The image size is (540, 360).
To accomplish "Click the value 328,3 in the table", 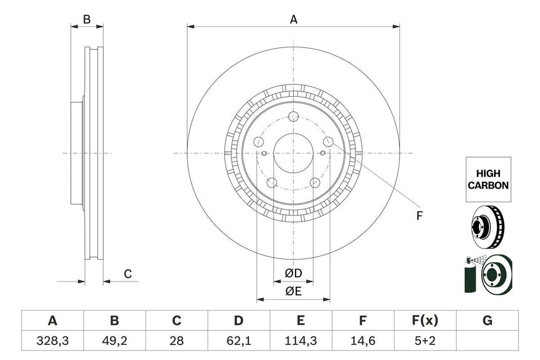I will (53, 342).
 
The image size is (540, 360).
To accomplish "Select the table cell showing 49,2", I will (115, 342).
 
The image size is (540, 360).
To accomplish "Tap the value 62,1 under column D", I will (238, 342).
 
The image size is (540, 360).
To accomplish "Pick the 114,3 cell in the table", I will (301, 342).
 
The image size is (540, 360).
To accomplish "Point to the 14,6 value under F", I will (363, 342).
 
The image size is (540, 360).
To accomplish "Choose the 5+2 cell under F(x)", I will (425, 342).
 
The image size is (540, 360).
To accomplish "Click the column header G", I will (487, 321).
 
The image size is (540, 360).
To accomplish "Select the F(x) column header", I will (425, 321).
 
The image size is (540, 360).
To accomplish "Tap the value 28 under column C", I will (177, 342).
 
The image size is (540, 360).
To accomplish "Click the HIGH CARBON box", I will (488, 179).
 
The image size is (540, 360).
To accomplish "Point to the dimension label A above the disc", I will (293, 19).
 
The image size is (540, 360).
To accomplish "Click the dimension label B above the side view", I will (87, 19).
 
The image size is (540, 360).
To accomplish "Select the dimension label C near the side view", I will (128, 274).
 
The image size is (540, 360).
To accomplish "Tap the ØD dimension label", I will (293, 273).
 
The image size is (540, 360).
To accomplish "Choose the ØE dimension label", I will (293, 292).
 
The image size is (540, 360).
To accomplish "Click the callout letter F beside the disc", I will (419, 216).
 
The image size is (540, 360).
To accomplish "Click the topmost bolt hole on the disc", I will (293, 117).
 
